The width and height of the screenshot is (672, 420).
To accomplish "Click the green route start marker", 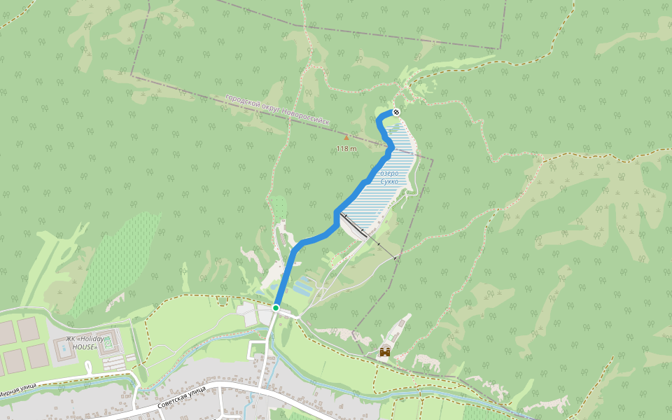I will (x=276, y=307).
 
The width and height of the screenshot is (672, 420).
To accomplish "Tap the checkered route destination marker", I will (x=396, y=112).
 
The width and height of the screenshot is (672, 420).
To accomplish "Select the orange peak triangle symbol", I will (x=346, y=137).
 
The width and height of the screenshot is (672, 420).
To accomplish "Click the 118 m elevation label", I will (x=346, y=148).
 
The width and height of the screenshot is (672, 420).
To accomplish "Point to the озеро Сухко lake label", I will (x=388, y=177).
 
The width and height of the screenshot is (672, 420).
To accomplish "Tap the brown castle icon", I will (x=384, y=351).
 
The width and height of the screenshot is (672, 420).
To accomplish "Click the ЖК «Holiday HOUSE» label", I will (x=85, y=343).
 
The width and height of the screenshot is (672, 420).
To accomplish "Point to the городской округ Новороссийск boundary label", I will (x=276, y=110).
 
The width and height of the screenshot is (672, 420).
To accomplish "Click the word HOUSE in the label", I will (x=85, y=347).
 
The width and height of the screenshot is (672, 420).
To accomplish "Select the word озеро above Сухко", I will (x=388, y=173).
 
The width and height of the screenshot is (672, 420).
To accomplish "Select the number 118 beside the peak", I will (x=342, y=148).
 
